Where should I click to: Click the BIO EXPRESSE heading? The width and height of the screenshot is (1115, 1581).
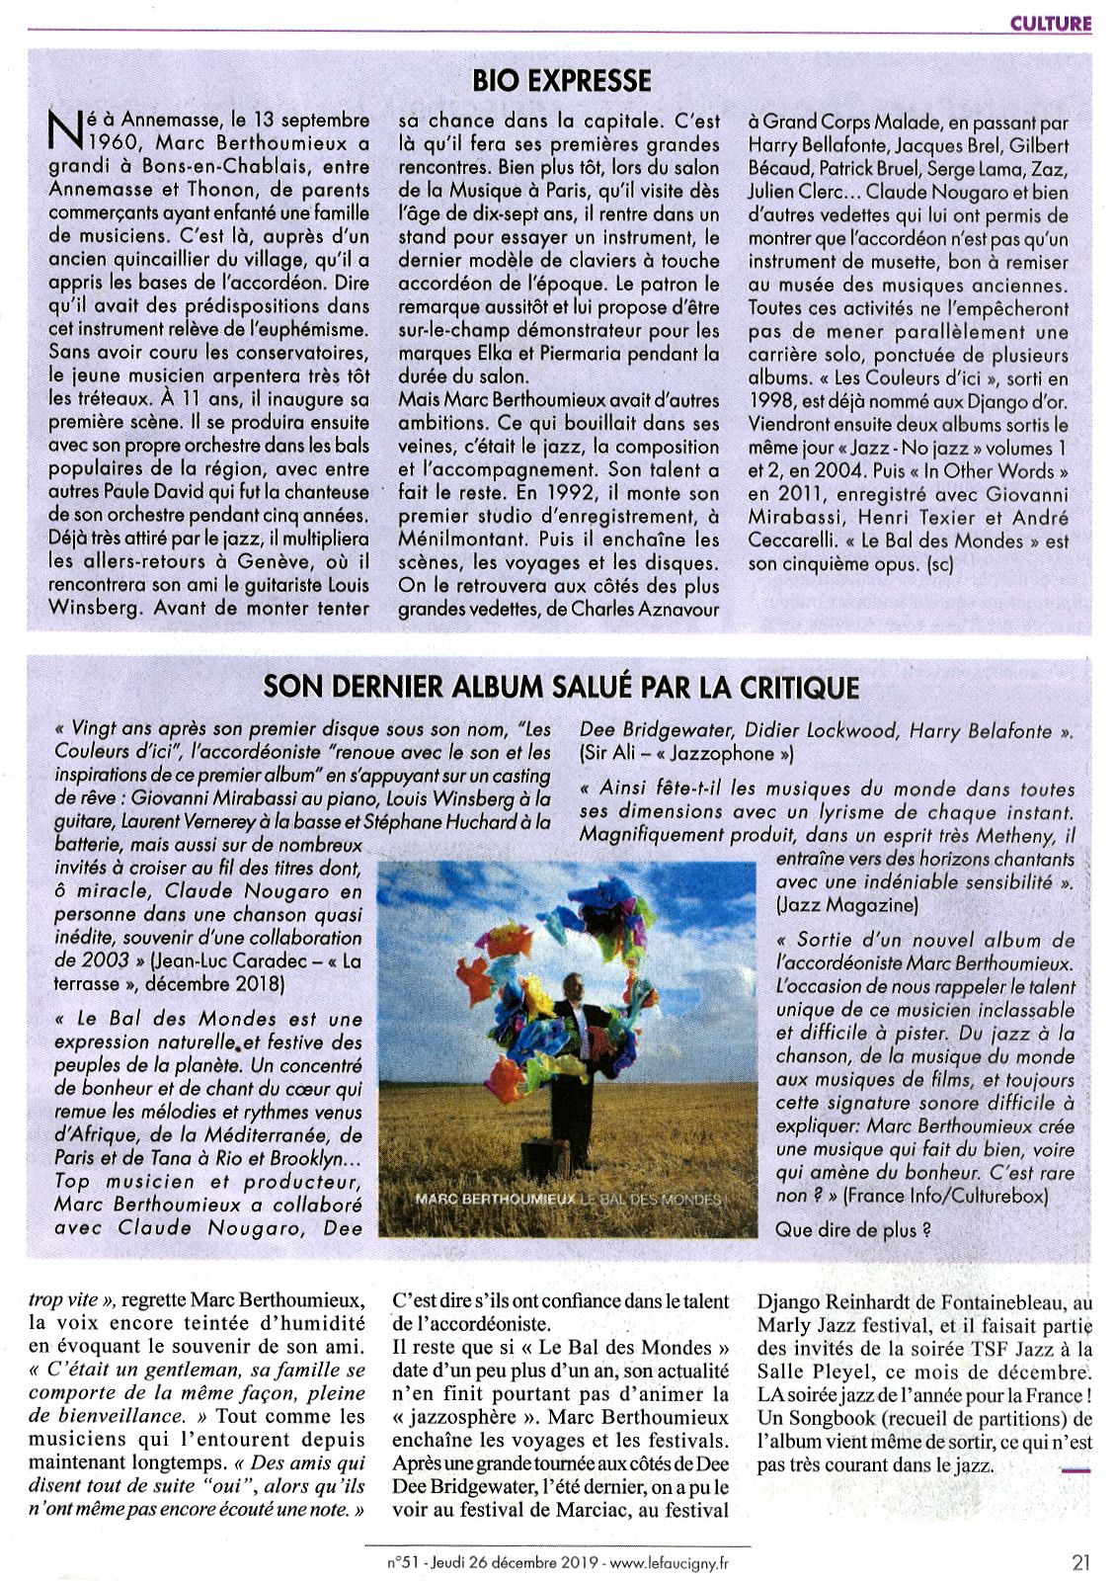[562, 80]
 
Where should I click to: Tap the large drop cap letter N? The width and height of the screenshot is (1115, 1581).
[65, 129]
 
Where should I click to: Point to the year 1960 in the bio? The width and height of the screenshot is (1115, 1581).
[92, 144]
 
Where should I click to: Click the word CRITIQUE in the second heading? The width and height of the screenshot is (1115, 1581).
[783, 686]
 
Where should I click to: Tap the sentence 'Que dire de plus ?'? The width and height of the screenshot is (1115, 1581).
[853, 1230]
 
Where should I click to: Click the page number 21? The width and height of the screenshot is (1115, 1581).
[1080, 1562]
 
